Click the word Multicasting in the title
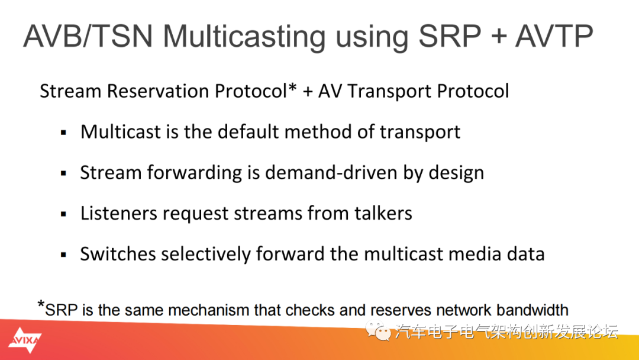point(244,37)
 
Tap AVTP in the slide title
point(554,36)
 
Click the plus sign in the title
point(498,37)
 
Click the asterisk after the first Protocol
point(292,87)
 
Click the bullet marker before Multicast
point(63,133)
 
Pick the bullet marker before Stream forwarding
point(63,173)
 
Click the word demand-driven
point(331,172)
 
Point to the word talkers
point(383,213)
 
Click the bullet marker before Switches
point(63,255)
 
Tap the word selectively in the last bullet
point(206,255)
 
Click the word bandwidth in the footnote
point(532,310)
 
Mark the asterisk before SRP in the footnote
point(41,304)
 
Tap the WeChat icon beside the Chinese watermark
point(378,331)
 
